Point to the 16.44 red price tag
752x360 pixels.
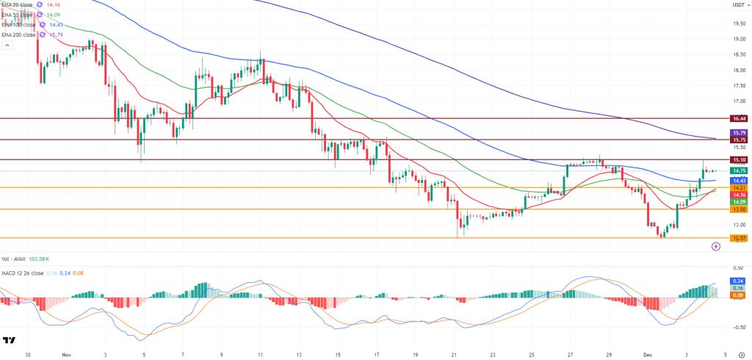[739, 118]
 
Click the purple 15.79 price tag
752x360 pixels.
[739, 132]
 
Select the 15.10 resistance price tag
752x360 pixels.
[739, 159]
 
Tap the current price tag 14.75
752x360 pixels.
[739, 171]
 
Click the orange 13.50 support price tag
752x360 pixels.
[739, 209]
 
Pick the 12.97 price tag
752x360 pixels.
[739, 238]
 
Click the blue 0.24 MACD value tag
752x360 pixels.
[739, 281]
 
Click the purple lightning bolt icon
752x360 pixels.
[715, 247]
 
